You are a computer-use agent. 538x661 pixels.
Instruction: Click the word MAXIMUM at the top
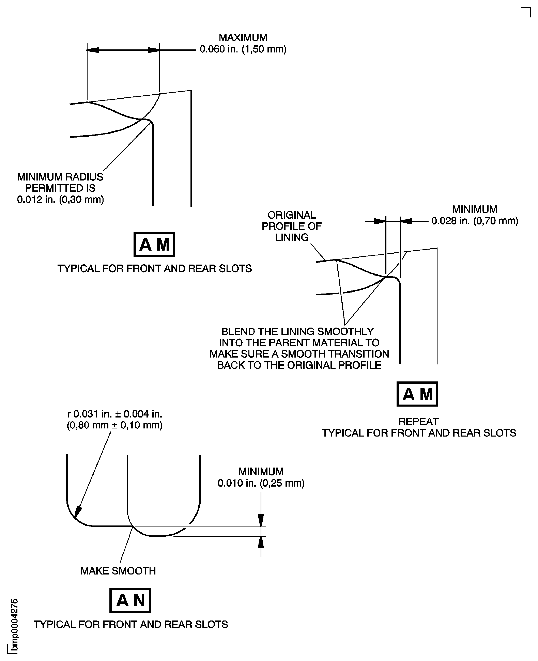click(x=243, y=37)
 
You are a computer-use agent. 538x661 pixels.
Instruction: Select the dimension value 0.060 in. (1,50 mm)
click(x=243, y=49)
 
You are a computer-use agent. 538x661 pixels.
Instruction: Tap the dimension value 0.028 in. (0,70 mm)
click(x=474, y=221)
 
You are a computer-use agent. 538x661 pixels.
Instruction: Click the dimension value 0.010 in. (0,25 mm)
click(x=261, y=483)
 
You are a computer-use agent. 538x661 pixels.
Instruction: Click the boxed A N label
click(x=130, y=600)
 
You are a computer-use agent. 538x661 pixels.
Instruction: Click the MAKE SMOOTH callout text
click(x=118, y=571)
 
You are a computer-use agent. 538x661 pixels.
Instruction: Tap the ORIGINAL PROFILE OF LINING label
click(x=292, y=226)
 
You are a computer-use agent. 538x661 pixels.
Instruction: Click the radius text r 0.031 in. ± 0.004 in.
click(x=115, y=414)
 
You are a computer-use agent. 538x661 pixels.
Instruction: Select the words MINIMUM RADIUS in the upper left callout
click(x=60, y=177)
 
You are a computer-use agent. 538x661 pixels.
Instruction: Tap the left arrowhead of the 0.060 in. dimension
click(x=93, y=50)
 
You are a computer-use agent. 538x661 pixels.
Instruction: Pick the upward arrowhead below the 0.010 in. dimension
click(x=261, y=542)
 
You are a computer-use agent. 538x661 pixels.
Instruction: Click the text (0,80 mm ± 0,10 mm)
click(x=115, y=425)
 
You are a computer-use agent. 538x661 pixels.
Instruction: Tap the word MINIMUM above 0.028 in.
click(x=474, y=209)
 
